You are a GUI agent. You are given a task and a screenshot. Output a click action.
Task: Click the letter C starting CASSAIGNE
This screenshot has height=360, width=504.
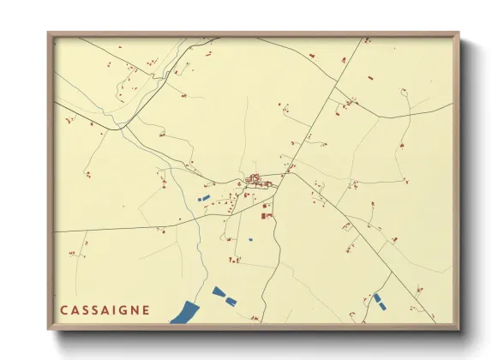point(64,310)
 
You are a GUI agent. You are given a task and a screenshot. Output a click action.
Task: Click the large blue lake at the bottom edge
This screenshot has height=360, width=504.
point(184,313)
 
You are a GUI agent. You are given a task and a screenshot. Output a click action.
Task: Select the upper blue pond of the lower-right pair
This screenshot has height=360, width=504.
point(376,297)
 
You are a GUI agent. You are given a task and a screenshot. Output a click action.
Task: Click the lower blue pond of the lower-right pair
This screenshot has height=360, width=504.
point(381,303)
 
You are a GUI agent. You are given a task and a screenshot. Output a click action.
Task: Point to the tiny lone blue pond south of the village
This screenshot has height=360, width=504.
point(250,239)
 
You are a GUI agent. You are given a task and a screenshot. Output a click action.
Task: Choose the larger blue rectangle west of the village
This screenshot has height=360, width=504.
point(203,199)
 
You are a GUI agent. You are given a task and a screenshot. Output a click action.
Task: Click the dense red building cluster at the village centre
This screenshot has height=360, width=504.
point(255,179)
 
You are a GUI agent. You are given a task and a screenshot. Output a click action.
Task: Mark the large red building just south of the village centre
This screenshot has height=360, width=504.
point(265,217)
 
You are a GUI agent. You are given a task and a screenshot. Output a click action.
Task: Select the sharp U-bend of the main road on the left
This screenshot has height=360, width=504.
point(119,128)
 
